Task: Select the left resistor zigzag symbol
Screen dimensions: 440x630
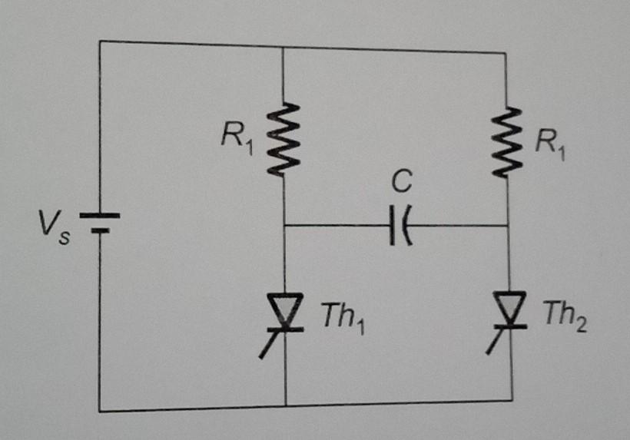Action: pos(283,139)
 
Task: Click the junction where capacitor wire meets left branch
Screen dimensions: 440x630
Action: pos(284,227)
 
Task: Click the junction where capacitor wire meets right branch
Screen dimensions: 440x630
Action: pos(509,227)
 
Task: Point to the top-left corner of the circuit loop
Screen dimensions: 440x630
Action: pos(100,41)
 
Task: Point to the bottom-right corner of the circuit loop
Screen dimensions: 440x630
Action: pos(512,400)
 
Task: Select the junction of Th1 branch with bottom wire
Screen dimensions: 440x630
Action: pos(285,405)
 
